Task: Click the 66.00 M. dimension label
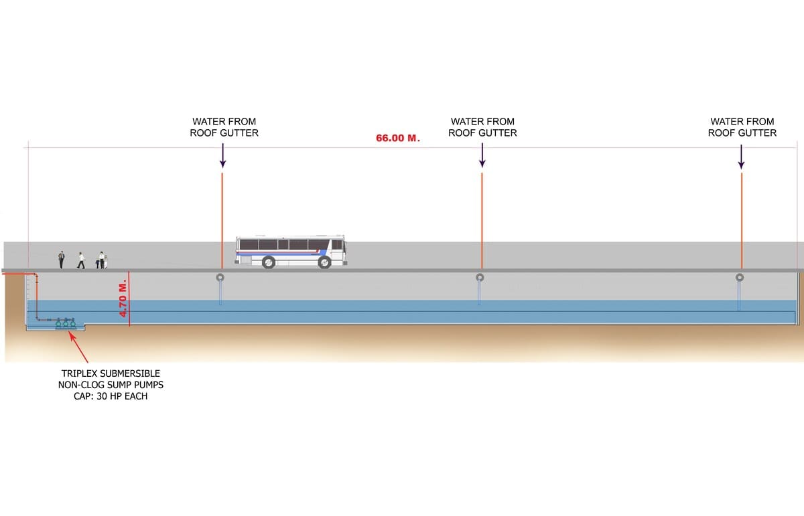click(397, 139)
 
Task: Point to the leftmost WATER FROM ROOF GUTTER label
click(224, 127)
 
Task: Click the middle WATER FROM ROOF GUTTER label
click(482, 127)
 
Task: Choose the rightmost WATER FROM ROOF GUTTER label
click(742, 127)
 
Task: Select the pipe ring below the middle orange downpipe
click(479, 277)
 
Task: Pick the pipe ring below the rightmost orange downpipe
click(739, 277)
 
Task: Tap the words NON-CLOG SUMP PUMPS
click(111, 385)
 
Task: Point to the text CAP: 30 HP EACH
click(111, 396)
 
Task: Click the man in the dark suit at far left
click(61, 260)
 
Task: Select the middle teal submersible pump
click(66, 325)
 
